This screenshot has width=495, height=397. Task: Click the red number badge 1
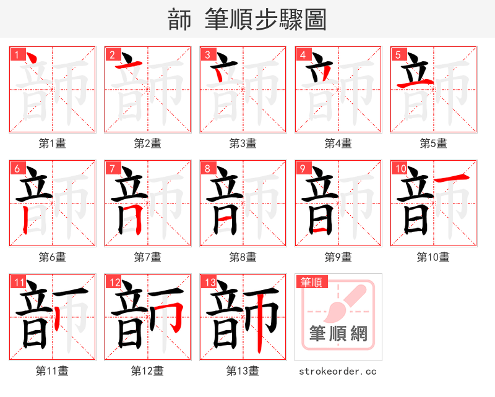pos(17,54)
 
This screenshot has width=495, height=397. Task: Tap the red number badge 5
pos(398,54)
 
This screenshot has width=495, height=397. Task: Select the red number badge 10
pos(400,168)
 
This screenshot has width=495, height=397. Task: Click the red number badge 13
pos(209,283)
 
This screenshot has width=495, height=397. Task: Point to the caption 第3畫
pos(243,143)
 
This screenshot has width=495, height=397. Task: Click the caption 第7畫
pos(147,257)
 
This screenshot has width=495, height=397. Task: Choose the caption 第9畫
pos(338,257)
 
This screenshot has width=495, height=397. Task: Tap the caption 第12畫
pos(147,371)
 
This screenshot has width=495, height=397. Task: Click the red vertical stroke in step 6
pos(25,220)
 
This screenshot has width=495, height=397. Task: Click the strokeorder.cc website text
pos(338,372)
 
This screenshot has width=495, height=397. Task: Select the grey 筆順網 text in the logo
pos(338,334)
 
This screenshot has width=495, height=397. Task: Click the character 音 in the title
pos(179,20)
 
